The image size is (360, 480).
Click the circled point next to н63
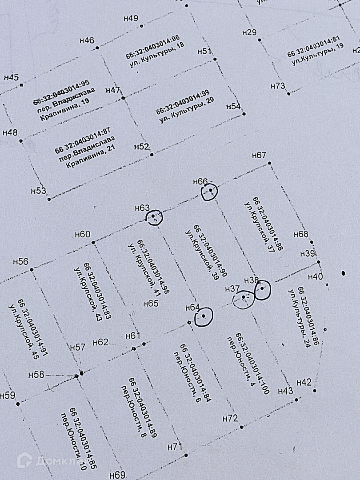click(154, 217)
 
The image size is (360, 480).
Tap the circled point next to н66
click(210, 192)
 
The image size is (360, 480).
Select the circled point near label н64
click(203, 316)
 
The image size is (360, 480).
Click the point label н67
click(259, 155)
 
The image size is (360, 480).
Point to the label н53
click(39, 191)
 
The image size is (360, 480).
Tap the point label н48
click(10, 132)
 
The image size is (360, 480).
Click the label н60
click(83, 235)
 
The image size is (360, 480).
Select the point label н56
click(21, 262)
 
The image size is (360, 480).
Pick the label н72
click(230, 418)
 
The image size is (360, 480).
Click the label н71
click(175, 446)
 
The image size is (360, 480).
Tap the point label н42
click(304, 382)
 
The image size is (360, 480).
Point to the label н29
click(250, 32)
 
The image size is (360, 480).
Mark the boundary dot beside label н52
click(152, 155)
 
